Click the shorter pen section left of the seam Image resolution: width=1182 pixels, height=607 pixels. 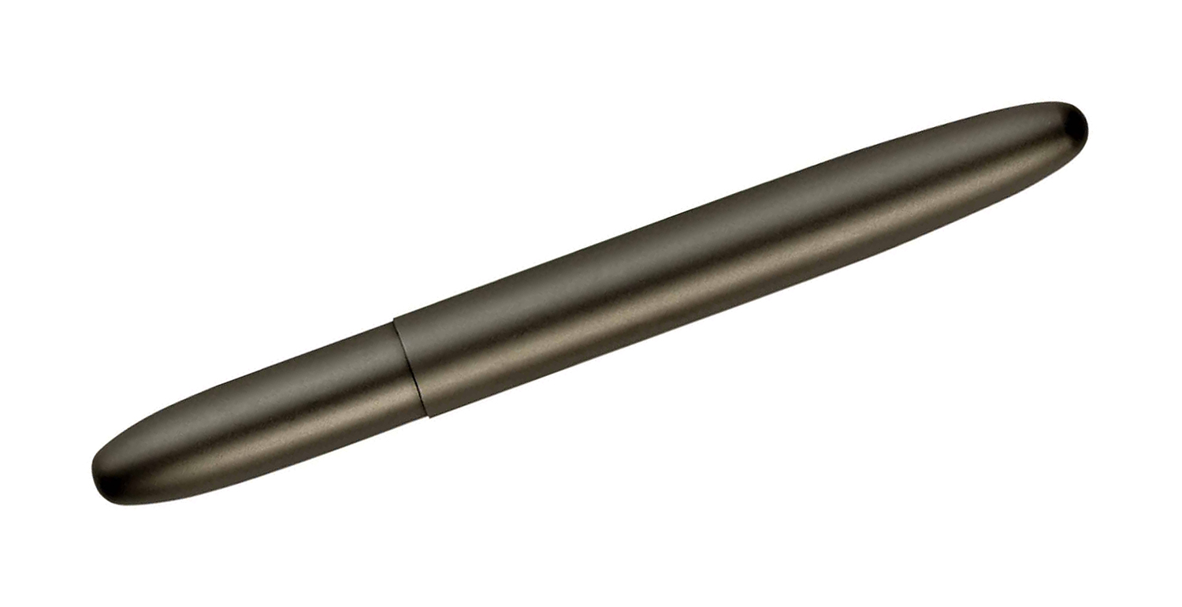[260, 418]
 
